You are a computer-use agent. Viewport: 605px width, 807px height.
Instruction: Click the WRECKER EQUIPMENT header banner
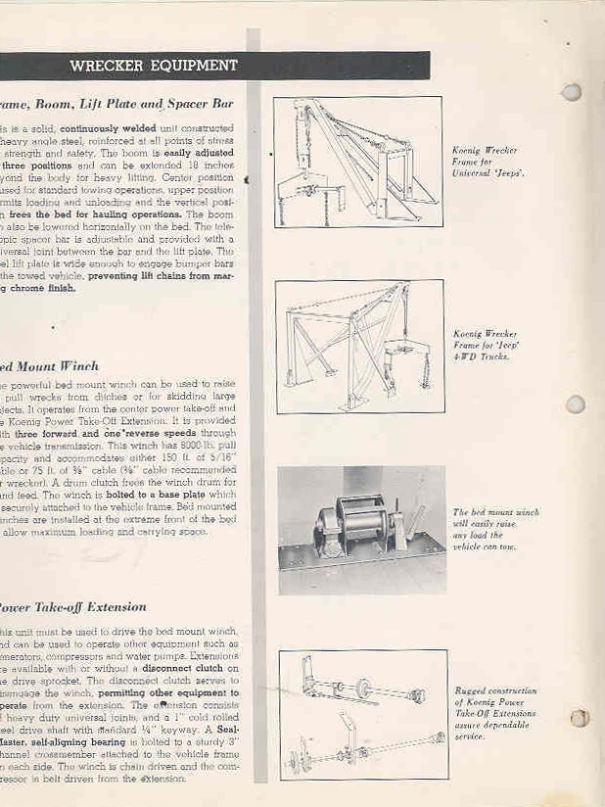(154, 67)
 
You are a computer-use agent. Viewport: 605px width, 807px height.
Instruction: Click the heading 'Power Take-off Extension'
(73, 606)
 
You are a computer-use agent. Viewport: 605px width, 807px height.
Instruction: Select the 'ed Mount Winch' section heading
(49, 366)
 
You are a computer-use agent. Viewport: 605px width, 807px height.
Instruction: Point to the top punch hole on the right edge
(573, 92)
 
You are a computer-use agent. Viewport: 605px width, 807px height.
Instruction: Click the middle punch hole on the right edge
(577, 403)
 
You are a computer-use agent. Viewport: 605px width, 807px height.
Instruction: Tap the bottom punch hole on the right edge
(580, 718)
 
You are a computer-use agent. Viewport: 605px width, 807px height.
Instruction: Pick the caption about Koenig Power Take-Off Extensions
(494, 713)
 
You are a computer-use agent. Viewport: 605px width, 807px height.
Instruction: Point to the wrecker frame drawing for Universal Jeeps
(358, 161)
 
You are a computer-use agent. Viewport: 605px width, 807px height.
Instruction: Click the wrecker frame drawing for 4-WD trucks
(358, 345)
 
